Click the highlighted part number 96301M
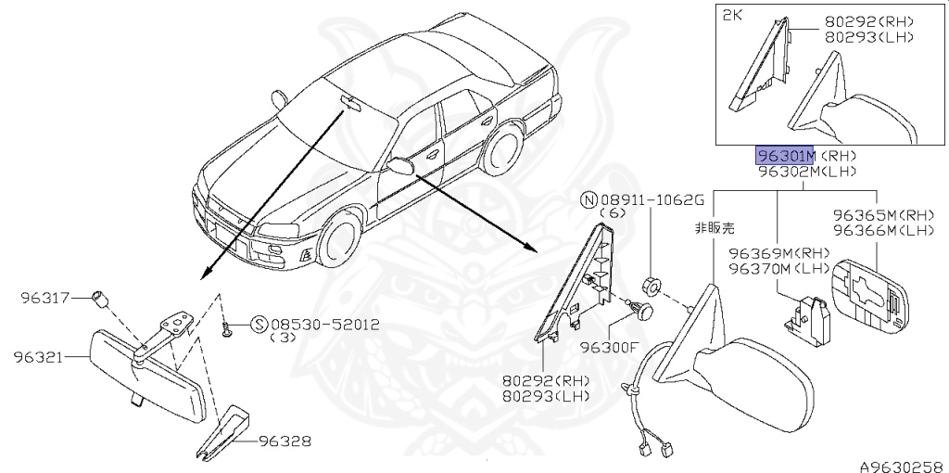[x=785, y=156]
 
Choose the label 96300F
[x=610, y=348]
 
